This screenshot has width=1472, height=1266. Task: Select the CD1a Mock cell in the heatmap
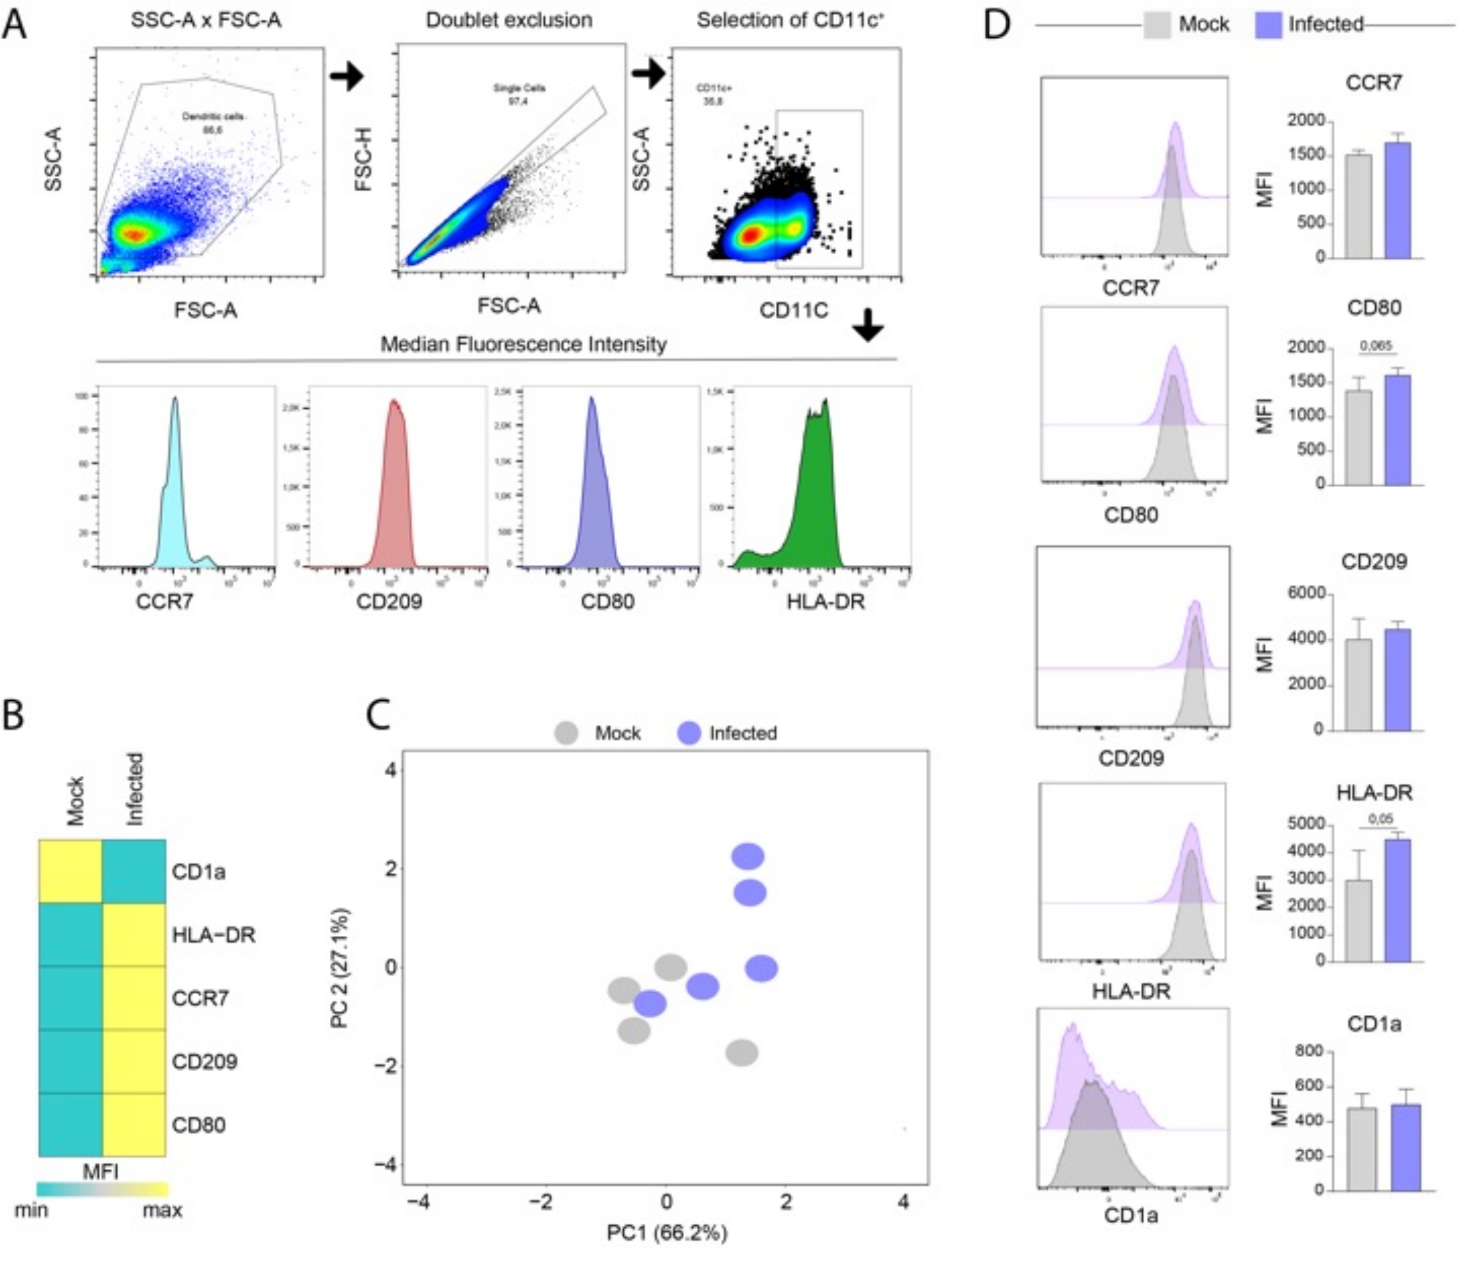coord(70,871)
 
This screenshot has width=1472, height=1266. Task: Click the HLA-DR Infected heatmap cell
coord(134,934)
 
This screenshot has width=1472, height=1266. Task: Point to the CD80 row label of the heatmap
coord(198,1125)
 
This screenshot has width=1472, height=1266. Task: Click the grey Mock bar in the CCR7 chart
coord(1358,206)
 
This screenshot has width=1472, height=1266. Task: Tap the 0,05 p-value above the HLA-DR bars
coord(1380,819)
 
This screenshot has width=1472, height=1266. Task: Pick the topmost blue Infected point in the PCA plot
coord(748,856)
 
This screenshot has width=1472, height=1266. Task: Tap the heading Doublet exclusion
coord(509,20)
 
